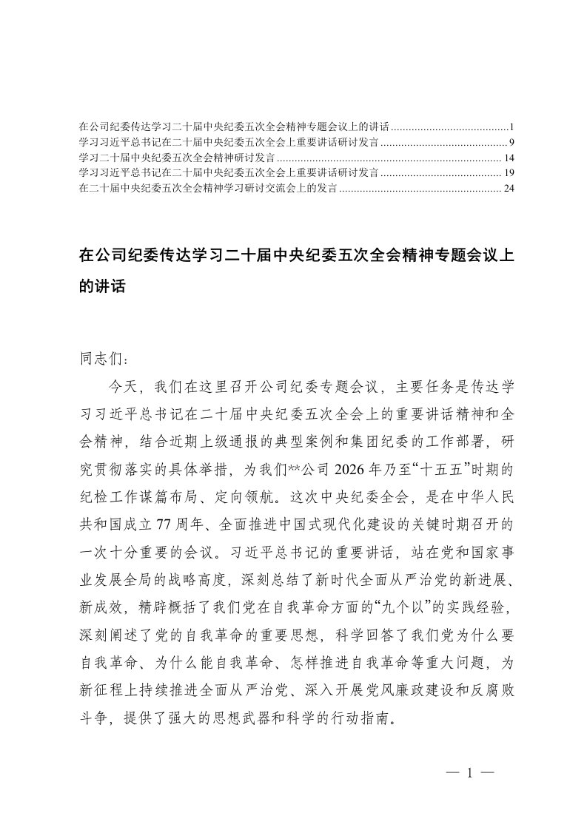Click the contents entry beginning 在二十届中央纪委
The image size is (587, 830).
click(207, 189)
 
